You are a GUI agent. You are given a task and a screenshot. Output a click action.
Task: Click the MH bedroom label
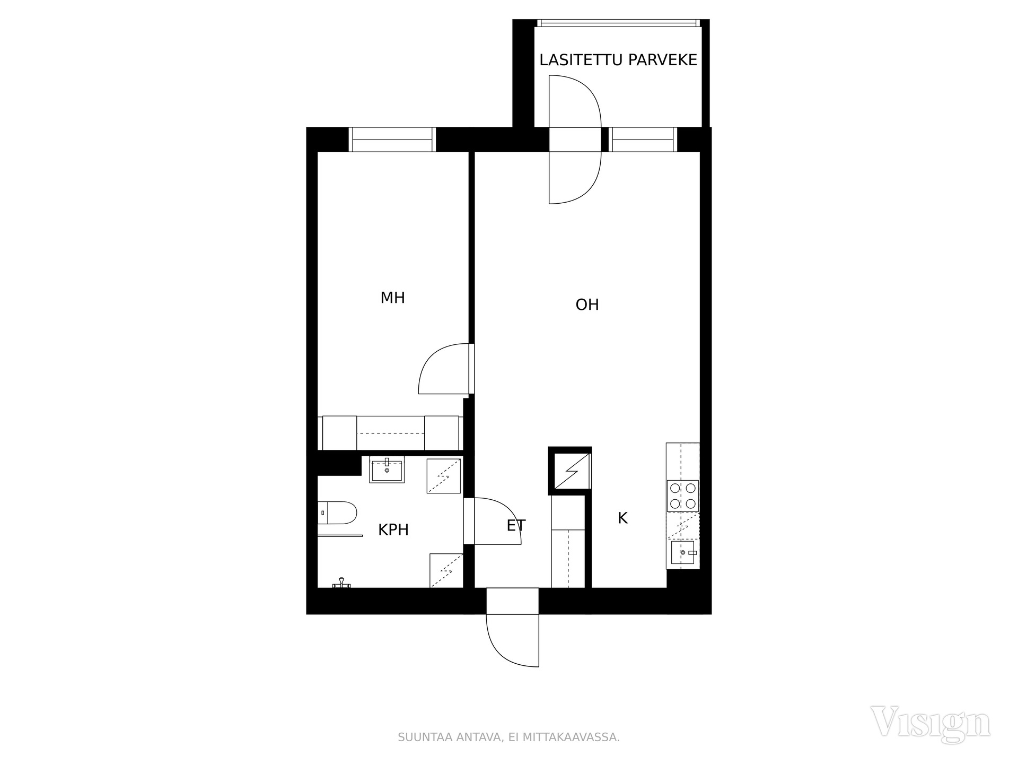coord(392,298)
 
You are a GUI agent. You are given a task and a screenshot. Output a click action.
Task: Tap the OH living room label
coord(587,305)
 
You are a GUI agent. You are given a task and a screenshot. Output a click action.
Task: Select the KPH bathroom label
coord(393,529)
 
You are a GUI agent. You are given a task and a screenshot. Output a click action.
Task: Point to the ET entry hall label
coord(516,526)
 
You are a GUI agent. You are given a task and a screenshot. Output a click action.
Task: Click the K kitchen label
coord(622,518)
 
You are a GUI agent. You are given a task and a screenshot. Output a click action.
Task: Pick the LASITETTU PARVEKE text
coord(618,60)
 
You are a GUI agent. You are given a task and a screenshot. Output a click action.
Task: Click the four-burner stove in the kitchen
coord(683,496)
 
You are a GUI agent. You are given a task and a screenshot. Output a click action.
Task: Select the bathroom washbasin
coord(387,470)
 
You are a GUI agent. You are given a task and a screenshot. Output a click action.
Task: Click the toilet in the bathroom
coord(337,513)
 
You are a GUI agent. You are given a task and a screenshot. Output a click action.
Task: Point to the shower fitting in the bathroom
coord(341,584)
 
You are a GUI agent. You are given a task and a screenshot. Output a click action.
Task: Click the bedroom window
coord(392,140)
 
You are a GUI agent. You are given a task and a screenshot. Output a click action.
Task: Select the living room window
coord(643,140)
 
